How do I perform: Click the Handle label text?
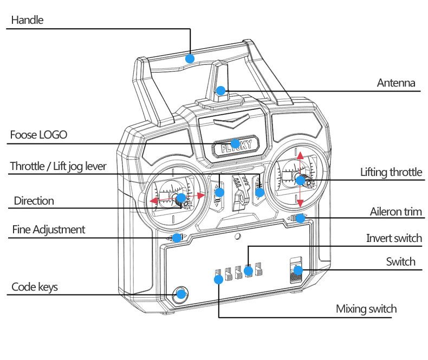[27, 20]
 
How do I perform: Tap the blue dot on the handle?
[190, 58]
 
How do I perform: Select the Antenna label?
[396, 83]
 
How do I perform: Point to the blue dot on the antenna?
[221, 90]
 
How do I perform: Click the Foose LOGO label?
[38, 135]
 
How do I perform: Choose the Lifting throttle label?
[391, 172]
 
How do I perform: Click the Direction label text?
[34, 201]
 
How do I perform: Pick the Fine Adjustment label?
[48, 230]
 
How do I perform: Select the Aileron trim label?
[395, 211]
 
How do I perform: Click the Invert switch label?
[394, 238]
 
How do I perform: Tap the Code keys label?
[35, 287]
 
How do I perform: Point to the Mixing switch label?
[366, 309]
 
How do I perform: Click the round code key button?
[181, 294]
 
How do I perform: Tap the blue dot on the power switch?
[299, 270]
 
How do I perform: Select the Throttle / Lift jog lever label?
[58, 166]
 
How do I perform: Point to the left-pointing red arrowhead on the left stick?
[154, 201]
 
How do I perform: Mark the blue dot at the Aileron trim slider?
[300, 219]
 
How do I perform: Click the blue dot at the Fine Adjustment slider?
[177, 238]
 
